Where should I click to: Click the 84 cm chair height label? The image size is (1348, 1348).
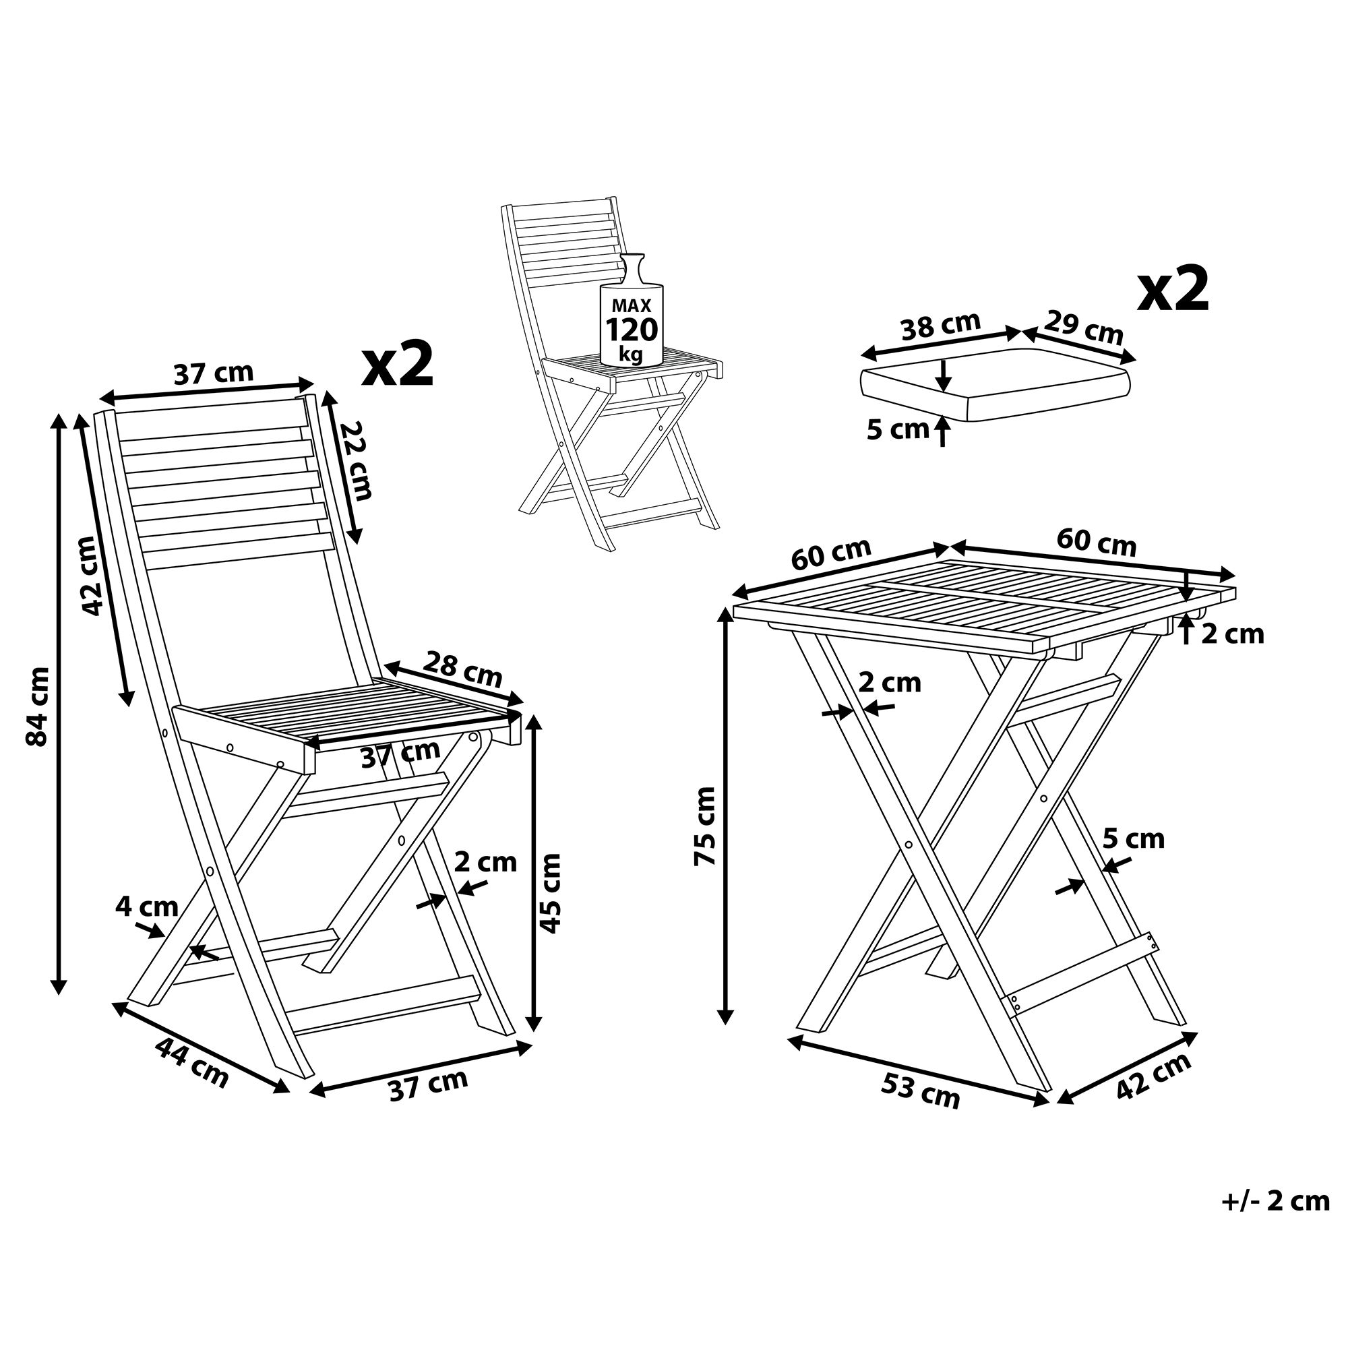37,707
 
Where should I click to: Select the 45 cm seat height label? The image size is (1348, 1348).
551,893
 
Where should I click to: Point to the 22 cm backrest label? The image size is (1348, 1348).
355,460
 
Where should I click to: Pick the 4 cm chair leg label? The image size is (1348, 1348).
147,907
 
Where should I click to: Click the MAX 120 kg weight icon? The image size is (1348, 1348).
632,311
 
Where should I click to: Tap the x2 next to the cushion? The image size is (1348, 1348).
1173,289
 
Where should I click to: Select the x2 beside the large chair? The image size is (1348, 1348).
398,363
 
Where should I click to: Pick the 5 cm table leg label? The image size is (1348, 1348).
1134,838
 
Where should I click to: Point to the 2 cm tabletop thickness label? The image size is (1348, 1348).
1233,634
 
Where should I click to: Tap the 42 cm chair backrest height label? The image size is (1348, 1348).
93,576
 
